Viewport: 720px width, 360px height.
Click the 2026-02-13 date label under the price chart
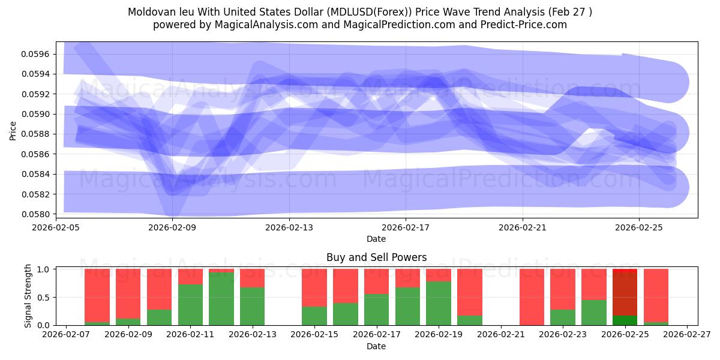(x=289, y=227)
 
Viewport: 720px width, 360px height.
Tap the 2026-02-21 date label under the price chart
(x=523, y=227)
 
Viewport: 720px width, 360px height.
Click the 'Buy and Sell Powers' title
(x=376, y=257)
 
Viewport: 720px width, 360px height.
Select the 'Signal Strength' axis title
(x=28, y=296)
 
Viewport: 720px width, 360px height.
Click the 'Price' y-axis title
(x=13, y=131)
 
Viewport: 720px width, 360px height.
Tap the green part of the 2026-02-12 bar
(x=221, y=299)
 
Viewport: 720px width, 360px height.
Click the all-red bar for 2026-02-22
(x=532, y=297)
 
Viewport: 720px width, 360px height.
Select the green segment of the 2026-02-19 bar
(x=439, y=303)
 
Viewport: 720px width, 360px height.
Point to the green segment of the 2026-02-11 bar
(x=190, y=305)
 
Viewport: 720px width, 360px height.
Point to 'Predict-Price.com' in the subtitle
(x=520, y=25)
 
